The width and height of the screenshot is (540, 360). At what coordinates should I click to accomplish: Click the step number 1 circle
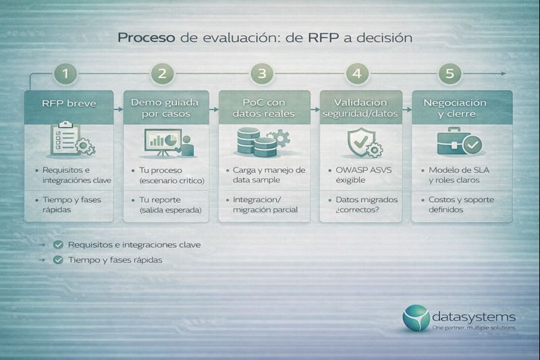coord(65,73)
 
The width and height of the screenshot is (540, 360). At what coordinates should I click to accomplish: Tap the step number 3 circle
coord(262,73)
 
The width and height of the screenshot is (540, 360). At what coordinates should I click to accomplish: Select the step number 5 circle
coord(450,73)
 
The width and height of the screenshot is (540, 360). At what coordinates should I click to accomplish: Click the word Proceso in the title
coord(146,38)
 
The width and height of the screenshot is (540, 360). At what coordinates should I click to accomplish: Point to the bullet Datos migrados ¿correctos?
coord(365,205)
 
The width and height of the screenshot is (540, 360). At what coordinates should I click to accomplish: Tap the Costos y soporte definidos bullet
coord(464,205)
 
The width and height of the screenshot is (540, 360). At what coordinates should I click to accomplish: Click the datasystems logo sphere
coord(415,318)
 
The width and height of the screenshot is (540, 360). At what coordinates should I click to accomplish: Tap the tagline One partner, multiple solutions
coord(474,328)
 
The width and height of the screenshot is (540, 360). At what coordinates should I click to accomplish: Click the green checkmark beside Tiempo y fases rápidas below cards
coord(59,260)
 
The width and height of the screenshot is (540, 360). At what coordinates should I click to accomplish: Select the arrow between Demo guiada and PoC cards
coord(213,107)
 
